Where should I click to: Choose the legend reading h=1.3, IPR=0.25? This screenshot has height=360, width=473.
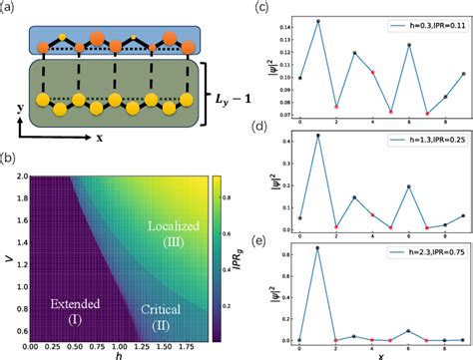424,139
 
